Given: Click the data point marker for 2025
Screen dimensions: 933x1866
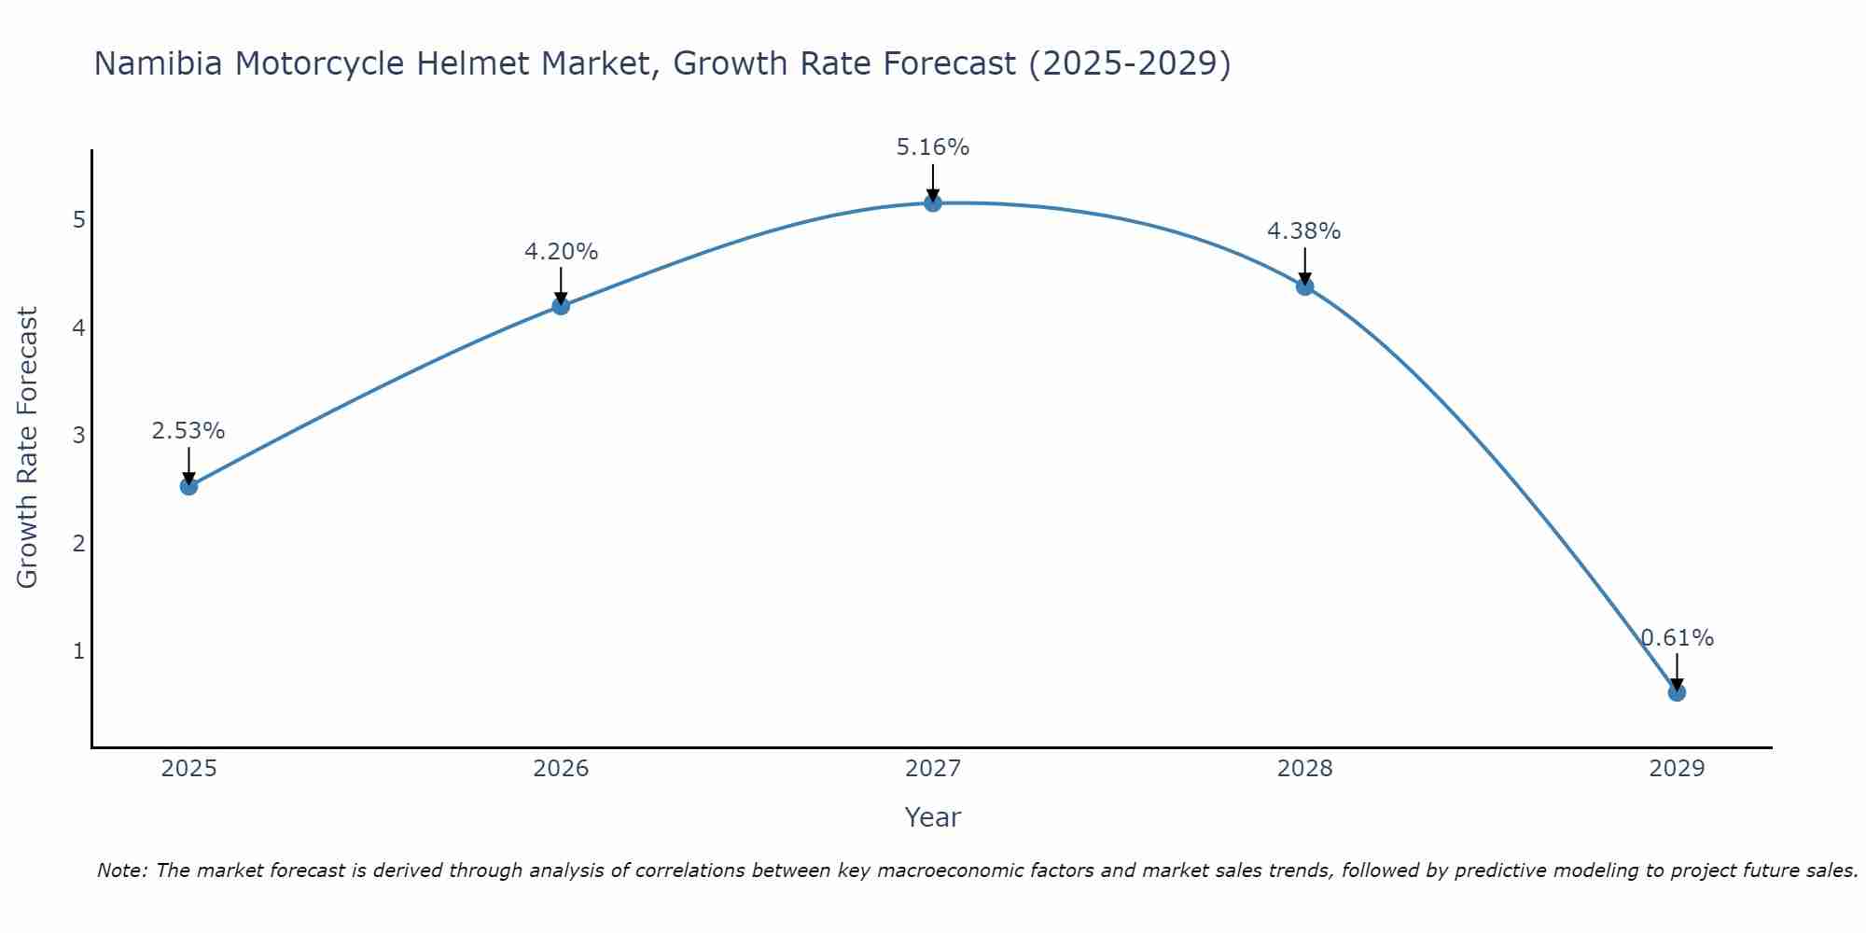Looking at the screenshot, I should [188, 486].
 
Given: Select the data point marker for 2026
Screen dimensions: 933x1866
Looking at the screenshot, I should [561, 305].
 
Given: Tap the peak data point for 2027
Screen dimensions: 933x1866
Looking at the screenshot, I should [933, 202].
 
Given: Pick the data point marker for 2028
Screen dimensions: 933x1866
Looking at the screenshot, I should [1304, 286].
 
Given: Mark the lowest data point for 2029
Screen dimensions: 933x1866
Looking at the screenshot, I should [1677, 692].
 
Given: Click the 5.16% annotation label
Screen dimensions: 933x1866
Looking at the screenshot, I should [933, 147].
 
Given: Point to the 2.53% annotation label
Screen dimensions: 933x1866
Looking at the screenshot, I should [188, 431].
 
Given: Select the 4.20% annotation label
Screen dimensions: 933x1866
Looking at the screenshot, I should [561, 252].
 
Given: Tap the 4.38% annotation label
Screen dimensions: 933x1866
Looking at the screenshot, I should [1304, 231].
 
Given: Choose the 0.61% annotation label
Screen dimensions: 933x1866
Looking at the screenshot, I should [1678, 638].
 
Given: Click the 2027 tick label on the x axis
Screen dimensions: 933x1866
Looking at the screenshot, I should [933, 769].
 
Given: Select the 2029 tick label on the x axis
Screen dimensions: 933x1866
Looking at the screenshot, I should [1677, 769].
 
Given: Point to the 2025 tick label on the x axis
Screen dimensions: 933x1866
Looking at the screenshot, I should [188, 769].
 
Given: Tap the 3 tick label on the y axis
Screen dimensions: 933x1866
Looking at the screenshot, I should [79, 436].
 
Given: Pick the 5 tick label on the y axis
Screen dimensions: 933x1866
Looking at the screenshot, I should [79, 220].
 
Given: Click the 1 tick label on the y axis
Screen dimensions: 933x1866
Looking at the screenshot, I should [79, 651].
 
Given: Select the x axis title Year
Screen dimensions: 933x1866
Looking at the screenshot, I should [933, 817].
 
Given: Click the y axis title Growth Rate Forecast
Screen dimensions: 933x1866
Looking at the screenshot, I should [28, 448].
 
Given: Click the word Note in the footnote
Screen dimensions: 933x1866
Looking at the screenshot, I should [121, 870].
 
